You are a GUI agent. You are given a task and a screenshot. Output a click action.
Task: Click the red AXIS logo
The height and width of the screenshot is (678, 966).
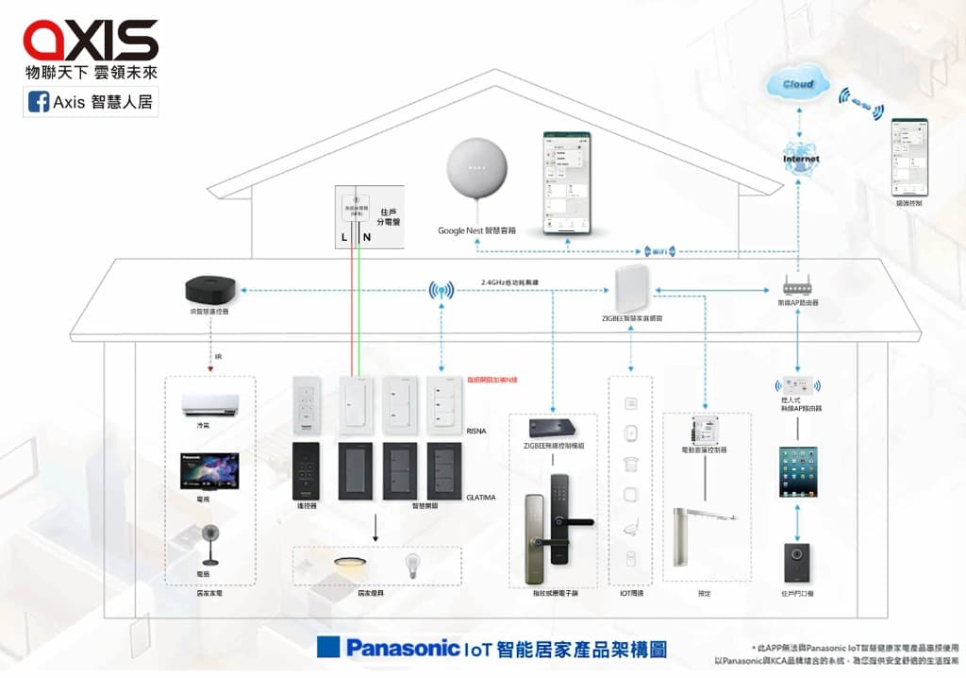91,40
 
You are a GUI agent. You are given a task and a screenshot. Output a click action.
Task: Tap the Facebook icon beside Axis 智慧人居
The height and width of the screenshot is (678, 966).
39,102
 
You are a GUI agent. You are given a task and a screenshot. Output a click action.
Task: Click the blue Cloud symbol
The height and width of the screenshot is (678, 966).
797,84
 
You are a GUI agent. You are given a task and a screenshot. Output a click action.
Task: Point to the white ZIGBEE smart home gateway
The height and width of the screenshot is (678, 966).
631,287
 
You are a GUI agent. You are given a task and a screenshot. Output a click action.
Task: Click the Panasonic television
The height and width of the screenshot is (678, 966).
209,470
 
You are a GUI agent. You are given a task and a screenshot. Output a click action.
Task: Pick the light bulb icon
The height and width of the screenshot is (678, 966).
411,566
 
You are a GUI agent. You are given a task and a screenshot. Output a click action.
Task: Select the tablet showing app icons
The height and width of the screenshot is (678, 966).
800,473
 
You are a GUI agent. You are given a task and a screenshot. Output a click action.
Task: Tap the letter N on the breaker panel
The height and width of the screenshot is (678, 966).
366,237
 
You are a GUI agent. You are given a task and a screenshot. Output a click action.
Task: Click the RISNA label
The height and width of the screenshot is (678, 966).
476,431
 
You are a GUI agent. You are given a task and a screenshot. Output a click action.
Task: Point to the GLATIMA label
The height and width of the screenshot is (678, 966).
480,497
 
